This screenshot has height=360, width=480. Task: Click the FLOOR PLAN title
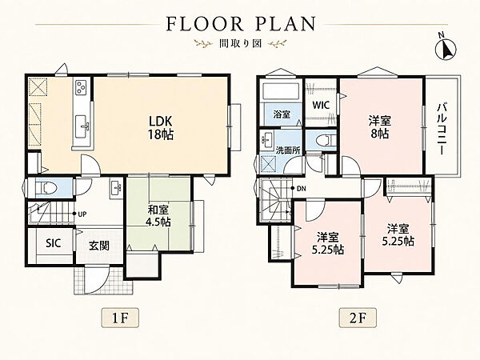241,24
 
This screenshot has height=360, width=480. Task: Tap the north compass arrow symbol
446,49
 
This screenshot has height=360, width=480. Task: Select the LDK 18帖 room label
161,128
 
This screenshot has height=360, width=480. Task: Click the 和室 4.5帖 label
159,216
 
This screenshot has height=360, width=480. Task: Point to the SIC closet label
54,243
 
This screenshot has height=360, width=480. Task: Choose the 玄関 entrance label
99,246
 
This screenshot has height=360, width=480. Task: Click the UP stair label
82,214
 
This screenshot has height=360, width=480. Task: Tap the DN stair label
302,189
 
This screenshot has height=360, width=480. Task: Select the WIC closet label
321,105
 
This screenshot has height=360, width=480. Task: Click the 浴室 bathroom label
282,114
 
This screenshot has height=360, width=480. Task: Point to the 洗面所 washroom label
288,150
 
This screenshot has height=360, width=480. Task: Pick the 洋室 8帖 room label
379,127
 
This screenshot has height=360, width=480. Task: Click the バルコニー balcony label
441,128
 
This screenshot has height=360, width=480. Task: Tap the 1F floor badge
120,318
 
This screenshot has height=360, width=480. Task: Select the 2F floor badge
358,318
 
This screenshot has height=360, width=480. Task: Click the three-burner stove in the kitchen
82,86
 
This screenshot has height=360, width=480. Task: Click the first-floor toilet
46,187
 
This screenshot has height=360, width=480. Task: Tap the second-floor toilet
323,140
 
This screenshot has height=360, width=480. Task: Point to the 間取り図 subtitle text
240,44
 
